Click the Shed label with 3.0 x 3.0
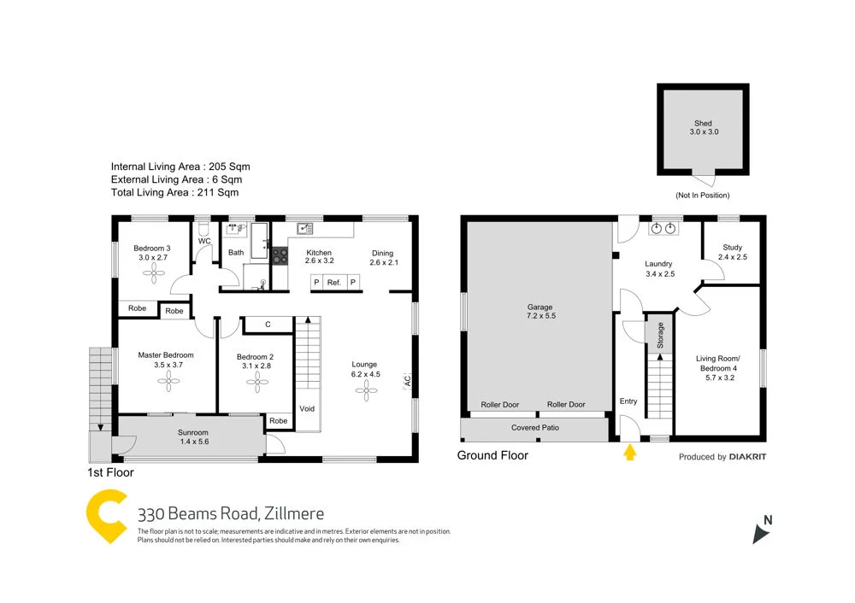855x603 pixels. tap(702, 128)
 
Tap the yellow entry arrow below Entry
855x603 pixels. tap(630, 453)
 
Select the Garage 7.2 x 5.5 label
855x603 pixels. tap(540, 311)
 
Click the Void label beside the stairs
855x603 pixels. tap(307, 408)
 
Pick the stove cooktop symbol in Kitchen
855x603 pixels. tap(280, 253)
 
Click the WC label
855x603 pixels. tap(204, 241)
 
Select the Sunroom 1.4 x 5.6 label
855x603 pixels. tap(193, 436)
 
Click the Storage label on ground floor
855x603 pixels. tap(660, 335)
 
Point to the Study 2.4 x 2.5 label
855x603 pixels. tap(732, 252)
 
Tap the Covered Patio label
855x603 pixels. tap(535, 427)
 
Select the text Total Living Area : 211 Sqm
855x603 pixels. tap(176, 194)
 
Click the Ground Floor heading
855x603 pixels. tap(492, 455)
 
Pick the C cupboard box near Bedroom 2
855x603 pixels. tap(268, 324)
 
